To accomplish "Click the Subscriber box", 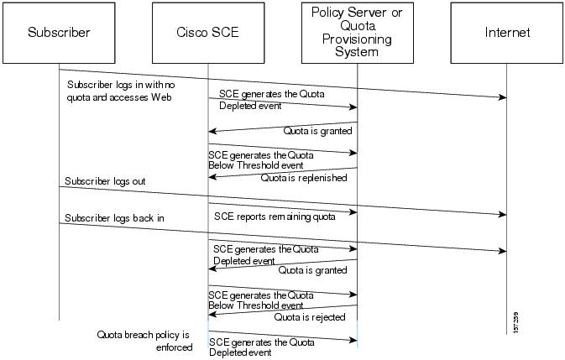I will coord(58,33).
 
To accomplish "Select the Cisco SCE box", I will coord(207,33).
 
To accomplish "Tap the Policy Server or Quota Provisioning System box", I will coord(357,33).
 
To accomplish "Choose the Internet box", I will coord(507,33).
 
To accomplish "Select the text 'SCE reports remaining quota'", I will coord(275,217).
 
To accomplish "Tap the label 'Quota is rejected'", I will coord(311,317).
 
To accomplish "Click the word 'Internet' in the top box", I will coord(507,33).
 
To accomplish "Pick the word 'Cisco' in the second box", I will coord(191,33).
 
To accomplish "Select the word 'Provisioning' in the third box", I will coord(357,39).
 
